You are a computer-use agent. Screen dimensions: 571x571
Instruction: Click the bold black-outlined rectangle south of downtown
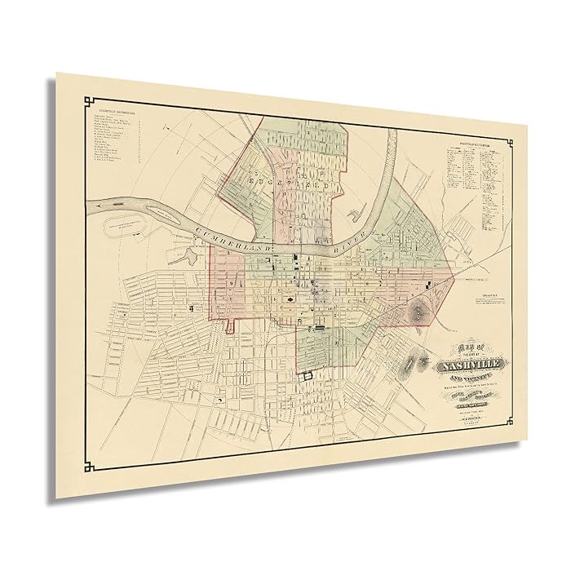pos(308,375)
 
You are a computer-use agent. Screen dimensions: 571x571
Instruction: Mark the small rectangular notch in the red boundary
pos(232,325)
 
